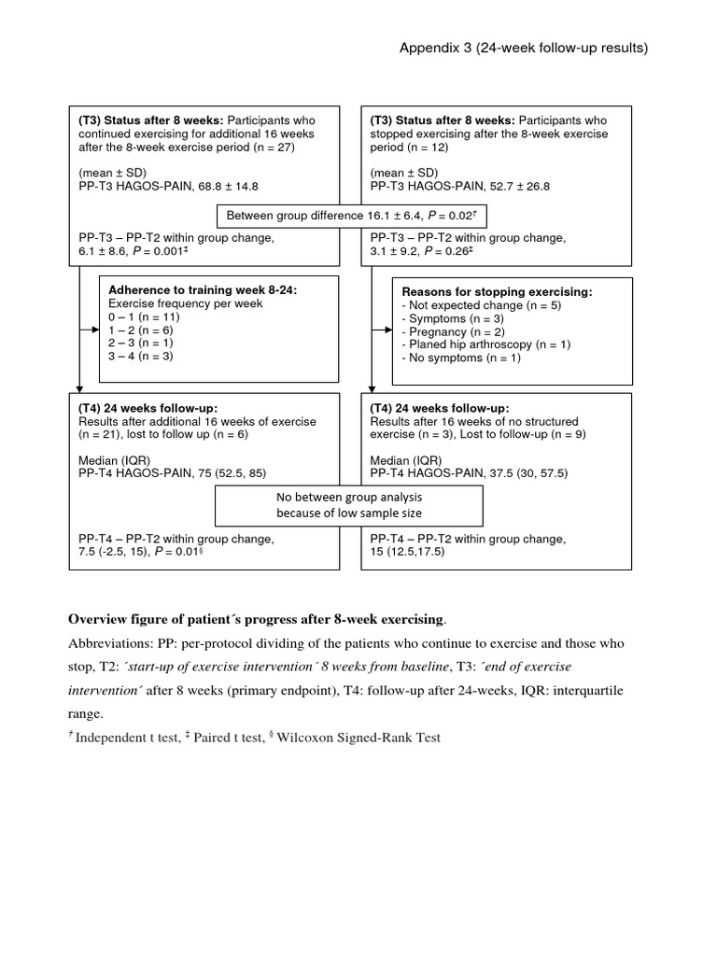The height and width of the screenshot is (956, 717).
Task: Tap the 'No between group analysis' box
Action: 349,505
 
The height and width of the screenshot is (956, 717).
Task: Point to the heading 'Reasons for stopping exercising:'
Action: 496,292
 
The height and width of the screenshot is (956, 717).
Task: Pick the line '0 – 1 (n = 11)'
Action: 144,317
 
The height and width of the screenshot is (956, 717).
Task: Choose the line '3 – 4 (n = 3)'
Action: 141,357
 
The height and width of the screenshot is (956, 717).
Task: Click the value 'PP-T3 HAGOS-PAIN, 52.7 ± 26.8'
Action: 460,187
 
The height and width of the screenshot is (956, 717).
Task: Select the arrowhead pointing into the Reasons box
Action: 387,330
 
